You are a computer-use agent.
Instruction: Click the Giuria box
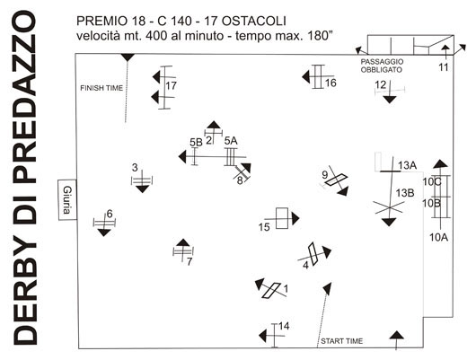(67, 199)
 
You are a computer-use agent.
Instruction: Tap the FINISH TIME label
(101, 88)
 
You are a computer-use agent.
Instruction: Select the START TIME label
(342, 341)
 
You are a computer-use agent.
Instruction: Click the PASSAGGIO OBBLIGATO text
(382, 66)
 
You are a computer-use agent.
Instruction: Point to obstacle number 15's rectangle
(282, 218)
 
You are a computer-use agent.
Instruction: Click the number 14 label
(284, 326)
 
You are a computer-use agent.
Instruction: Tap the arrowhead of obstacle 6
(104, 233)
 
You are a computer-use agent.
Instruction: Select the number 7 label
(190, 261)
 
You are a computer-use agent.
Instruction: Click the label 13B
(405, 193)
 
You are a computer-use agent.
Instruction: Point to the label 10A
(438, 237)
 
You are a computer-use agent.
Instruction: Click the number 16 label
(331, 83)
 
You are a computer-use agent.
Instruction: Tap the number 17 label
(171, 86)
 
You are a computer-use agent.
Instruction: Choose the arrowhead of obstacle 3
(143, 189)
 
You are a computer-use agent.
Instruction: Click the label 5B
(196, 142)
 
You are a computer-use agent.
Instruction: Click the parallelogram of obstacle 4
(313, 254)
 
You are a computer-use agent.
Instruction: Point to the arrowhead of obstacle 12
(390, 100)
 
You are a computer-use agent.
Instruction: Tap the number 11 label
(444, 67)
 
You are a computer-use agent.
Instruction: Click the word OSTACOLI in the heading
(254, 21)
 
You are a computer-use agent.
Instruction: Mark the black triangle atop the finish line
(128, 57)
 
